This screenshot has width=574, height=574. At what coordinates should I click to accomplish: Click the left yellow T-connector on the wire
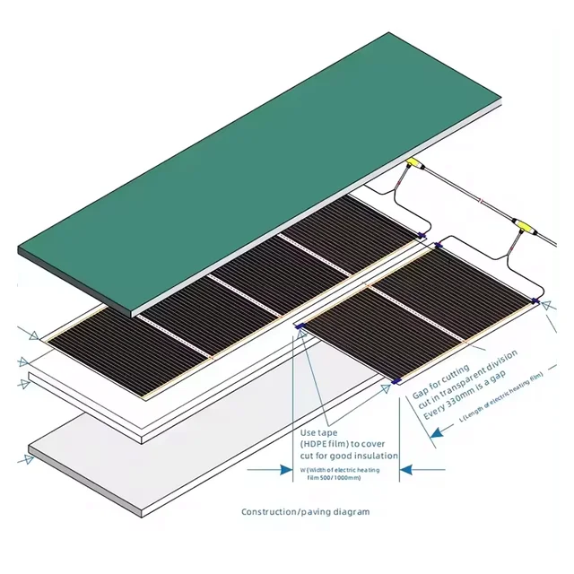point(413,164)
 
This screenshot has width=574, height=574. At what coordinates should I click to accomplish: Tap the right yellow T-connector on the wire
point(518,221)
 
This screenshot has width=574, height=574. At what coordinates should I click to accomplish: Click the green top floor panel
point(260,161)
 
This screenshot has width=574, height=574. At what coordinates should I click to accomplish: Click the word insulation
point(376,456)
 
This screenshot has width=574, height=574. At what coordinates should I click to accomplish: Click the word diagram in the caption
point(350,512)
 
